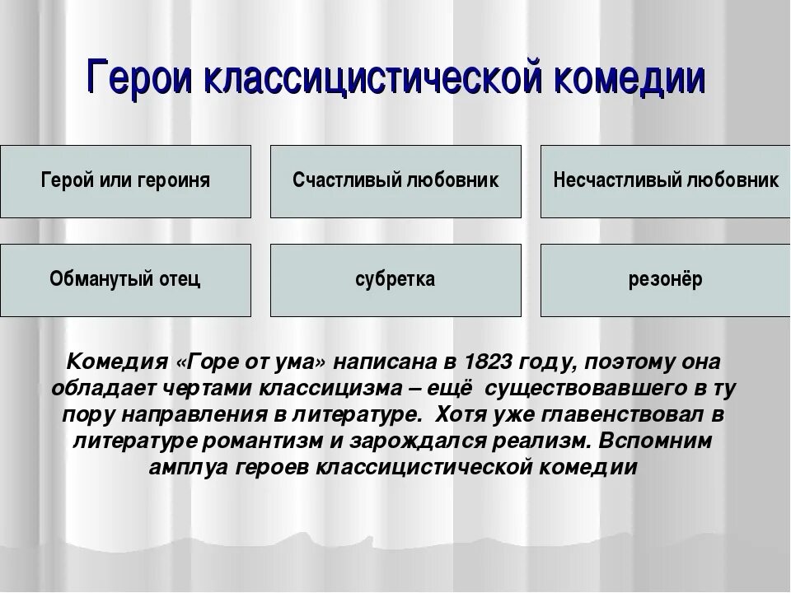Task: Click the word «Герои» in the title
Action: (x=140, y=79)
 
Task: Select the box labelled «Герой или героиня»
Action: (x=125, y=181)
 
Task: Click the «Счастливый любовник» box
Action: (x=395, y=181)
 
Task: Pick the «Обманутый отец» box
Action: (x=125, y=280)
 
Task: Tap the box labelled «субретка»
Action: (x=395, y=280)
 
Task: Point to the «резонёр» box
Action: (x=665, y=280)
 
